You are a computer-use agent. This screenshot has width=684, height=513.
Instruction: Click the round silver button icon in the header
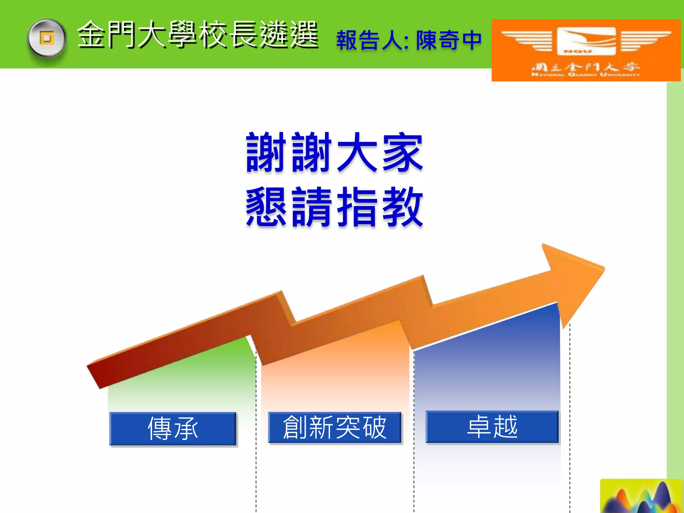(47, 38)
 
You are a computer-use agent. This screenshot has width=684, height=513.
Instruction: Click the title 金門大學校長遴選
(198, 35)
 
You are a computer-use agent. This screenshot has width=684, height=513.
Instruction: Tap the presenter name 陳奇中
(449, 40)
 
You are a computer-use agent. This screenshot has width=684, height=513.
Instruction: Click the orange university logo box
(586, 50)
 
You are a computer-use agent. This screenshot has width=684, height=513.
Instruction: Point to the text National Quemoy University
(586, 74)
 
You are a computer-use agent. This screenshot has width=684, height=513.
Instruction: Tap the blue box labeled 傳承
(173, 429)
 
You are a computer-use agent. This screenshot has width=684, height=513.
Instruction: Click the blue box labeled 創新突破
(335, 427)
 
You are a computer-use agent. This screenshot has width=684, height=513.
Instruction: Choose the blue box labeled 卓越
(492, 427)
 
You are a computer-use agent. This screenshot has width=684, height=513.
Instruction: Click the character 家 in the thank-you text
(402, 153)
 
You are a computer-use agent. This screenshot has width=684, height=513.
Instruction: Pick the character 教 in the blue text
(402, 207)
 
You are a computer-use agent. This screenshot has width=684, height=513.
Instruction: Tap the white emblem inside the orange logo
(586, 41)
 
